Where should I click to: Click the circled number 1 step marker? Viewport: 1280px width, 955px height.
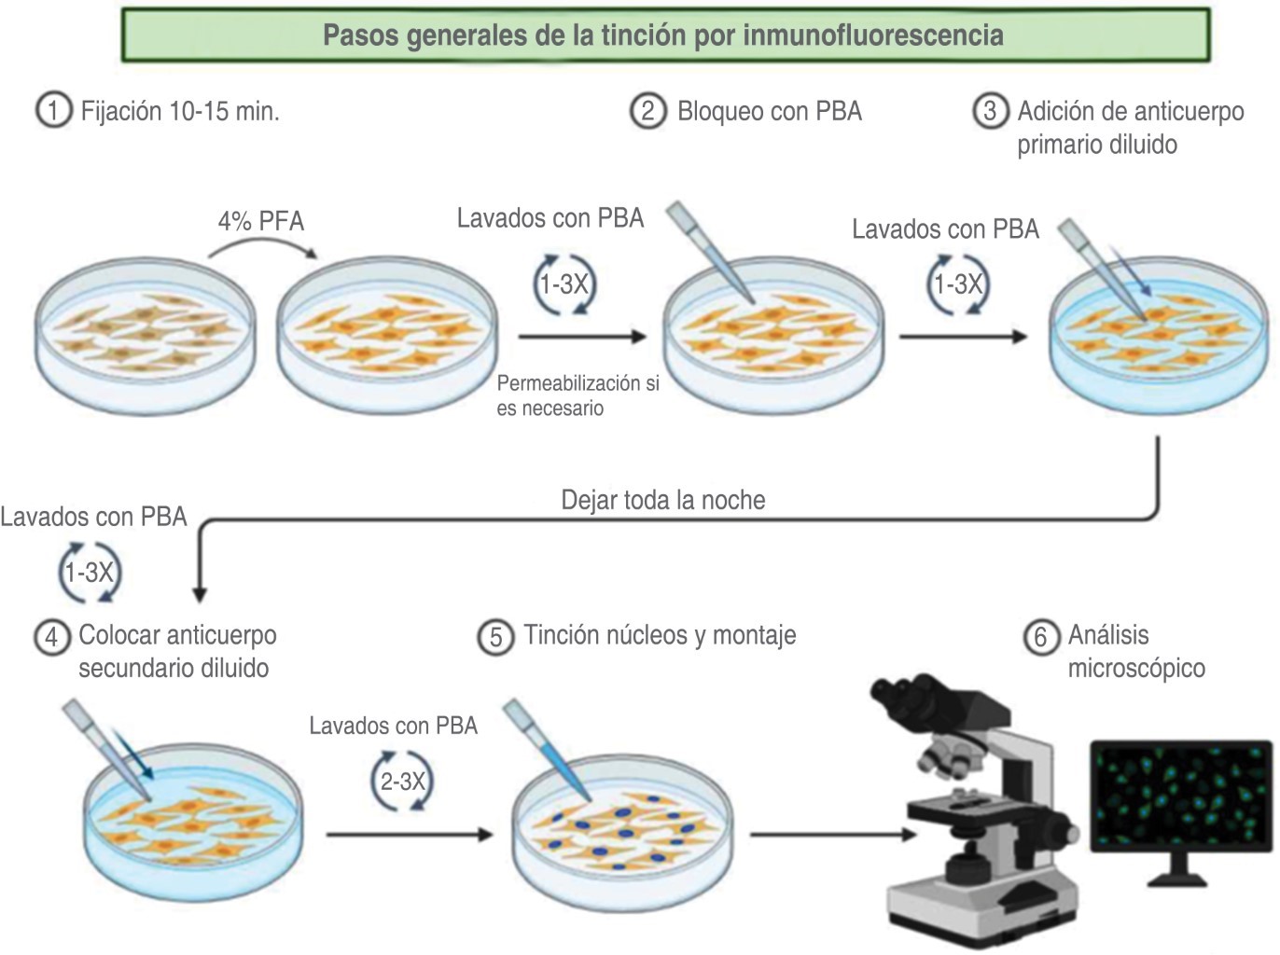[x=53, y=111]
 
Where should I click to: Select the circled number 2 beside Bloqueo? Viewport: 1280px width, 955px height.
[x=647, y=111]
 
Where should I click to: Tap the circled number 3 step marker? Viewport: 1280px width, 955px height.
[x=990, y=111]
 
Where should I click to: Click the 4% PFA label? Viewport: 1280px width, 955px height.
[x=261, y=221]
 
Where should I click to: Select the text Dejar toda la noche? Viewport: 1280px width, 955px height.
[x=662, y=500]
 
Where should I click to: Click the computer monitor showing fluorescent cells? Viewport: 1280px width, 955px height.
[x=1180, y=802]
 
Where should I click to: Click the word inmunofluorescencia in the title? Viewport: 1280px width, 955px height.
[x=873, y=35]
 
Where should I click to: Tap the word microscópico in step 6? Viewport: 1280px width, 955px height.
[x=1135, y=669]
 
